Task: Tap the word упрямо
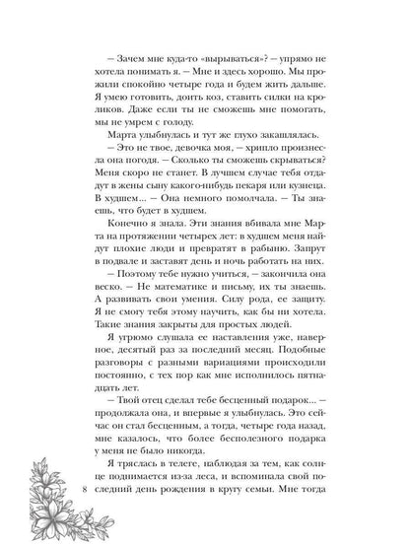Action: pyautogui.click(x=322, y=66)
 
